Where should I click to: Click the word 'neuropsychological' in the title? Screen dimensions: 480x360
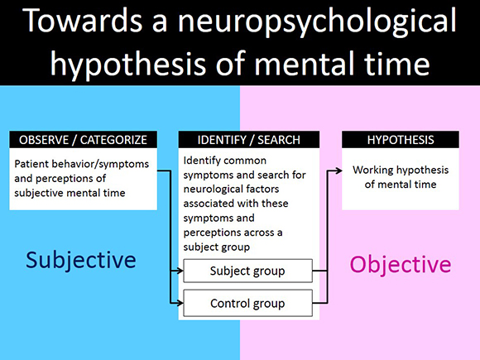click(317, 22)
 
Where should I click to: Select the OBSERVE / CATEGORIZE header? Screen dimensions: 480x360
click(84, 140)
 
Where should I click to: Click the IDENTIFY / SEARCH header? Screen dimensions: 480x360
click(249, 140)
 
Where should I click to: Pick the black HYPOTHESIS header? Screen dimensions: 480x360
click(401, 140)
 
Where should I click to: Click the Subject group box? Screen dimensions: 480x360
click(247, 271)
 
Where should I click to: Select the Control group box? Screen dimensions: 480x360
click(247, 303)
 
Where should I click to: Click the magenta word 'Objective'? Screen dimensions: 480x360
click(401, 264)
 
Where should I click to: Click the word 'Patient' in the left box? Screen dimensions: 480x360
click(31, 164)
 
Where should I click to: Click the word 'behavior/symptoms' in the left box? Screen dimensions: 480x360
click(100, 164)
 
